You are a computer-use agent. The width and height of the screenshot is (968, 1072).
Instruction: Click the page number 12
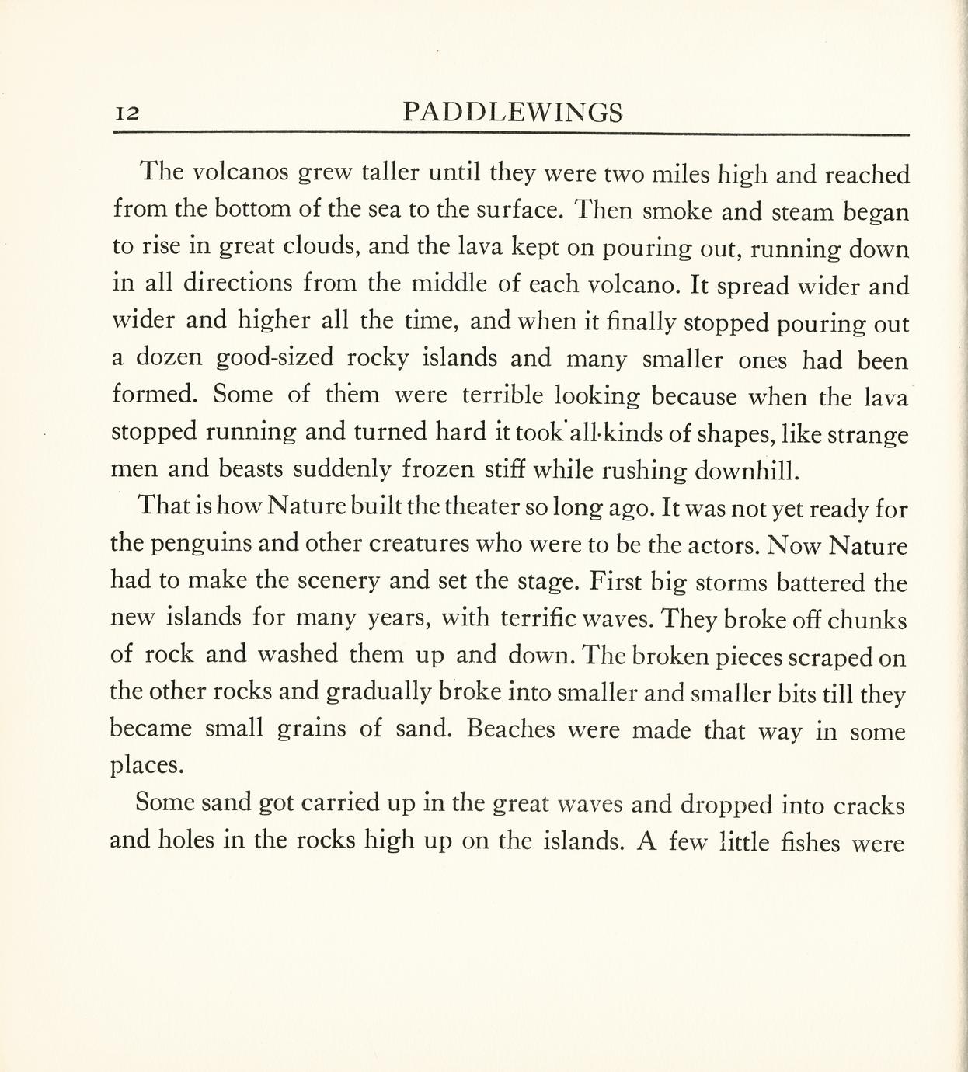pyautogui.click(x=127, y=113)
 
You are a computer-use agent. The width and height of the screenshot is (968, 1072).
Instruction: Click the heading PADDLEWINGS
pyautogui.click(x=514, y=113)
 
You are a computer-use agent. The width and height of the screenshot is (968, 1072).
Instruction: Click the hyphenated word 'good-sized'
pyautogui.click(x=274, y=357)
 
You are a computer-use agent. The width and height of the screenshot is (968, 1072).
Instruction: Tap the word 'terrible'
pyautogui.click(x=503, y=395)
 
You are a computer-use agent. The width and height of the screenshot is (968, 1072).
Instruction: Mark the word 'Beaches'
pyautogui.click(x=513, y=730)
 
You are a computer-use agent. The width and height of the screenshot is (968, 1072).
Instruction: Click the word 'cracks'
pyautogui.click(x=869, y=806)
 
